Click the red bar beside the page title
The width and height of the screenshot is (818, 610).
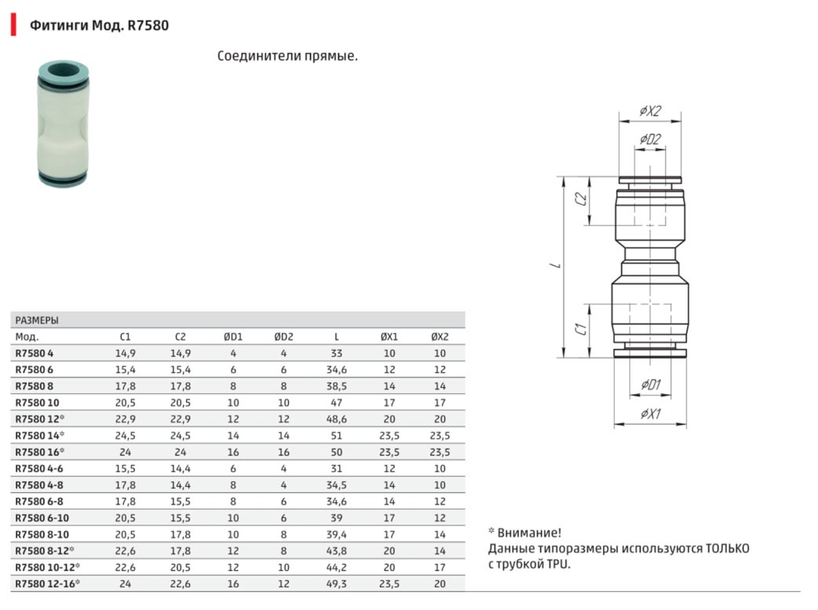(x=13, y=24)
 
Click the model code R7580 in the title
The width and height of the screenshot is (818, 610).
(x=148, y=25)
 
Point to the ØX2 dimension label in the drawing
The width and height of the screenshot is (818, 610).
(x=650, y=111)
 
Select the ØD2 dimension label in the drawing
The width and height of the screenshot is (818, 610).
(x=650, y=139)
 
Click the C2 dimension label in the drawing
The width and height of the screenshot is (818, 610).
(x=581, y=198)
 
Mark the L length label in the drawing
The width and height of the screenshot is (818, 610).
(x=557, y=266)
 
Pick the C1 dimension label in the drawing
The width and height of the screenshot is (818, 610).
(x=581, y=329)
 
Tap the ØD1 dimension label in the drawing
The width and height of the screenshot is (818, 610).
(x=651, y=385)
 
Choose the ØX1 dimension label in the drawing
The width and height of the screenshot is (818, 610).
(x=651, y=413)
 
